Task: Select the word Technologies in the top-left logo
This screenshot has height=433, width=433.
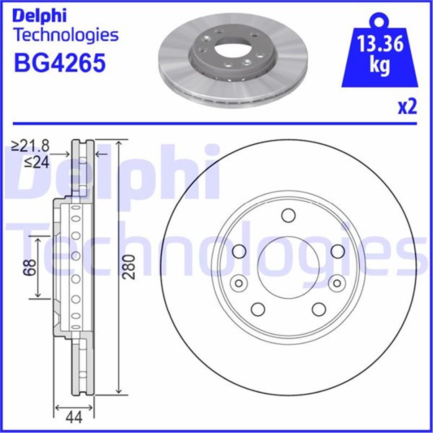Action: (66, 35)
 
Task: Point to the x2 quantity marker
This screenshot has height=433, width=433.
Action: (407, 107)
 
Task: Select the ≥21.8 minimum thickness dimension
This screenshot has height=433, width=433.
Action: (30, 146)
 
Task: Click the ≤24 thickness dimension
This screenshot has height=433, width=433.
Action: (36, 163)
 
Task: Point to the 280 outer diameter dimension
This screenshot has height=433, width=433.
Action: (129, 267)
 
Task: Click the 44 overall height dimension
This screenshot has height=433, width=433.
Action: (74, 417)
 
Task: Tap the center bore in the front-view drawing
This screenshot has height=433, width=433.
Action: (288, 267)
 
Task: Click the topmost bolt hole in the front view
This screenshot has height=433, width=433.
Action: (288, 215)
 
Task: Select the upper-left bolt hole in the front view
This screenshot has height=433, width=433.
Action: (239, 252)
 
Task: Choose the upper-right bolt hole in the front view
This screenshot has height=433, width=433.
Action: (338, 252)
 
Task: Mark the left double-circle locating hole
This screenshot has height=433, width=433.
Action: (239, 283)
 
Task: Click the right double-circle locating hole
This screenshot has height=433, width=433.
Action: (337, 283)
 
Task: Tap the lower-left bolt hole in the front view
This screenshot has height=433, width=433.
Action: (258, 309)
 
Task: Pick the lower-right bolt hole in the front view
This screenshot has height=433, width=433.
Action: (319, 309)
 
